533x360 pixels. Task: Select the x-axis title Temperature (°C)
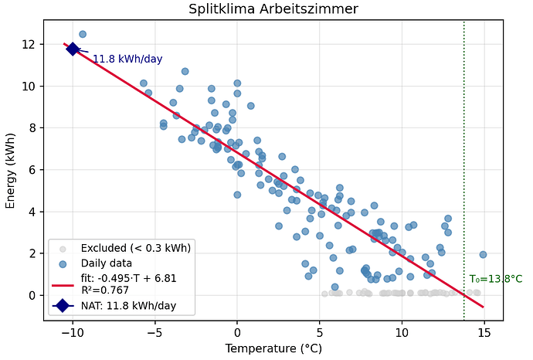(273, 348)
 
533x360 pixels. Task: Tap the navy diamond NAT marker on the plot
(73, 49)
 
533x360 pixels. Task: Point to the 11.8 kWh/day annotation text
(127, 59)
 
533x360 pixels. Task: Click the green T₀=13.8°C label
(495, 279)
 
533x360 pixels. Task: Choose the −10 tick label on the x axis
(73, 331)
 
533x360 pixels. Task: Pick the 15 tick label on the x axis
(484, 331)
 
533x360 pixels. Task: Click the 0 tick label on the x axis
(237, 331)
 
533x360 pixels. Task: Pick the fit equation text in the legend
(124, 278)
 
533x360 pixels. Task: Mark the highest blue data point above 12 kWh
(83, 34)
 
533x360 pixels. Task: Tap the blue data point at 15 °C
(483, 254)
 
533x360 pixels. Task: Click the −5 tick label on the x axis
(154, 331)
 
